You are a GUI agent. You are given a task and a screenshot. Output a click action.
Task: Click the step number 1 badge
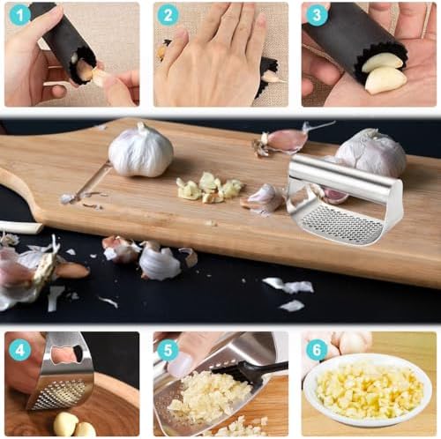[19, 14]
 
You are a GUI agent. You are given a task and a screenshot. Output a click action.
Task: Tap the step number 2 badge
[168, 14]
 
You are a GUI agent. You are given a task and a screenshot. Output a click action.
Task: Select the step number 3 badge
[317, 14]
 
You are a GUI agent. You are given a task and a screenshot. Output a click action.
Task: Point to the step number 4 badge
[19, 349]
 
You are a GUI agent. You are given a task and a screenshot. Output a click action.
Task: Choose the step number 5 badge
[168, 349]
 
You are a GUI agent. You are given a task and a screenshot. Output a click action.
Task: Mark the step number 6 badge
[317, 349]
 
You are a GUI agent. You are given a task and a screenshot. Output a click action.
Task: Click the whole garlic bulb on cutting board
[140, 151]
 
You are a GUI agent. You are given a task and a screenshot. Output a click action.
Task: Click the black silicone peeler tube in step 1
[66, 40]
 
